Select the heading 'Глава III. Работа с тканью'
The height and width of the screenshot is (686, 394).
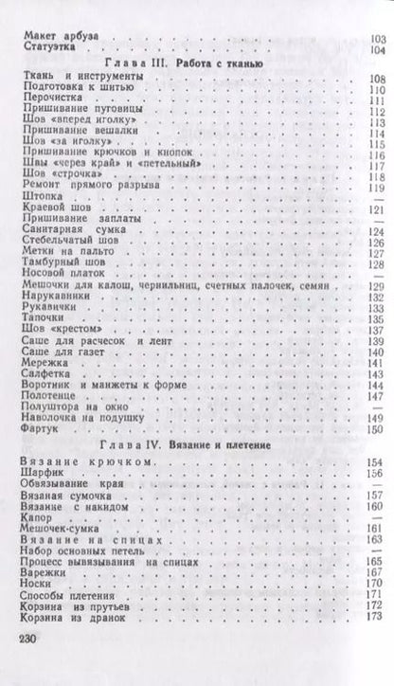pyautogui.click(x=196, y=60)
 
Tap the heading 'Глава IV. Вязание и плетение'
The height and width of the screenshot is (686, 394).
pyautogui.click(x=196, y=442)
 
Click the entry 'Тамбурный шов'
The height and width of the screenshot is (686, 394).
pyautogui.click(x=57, y=261)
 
